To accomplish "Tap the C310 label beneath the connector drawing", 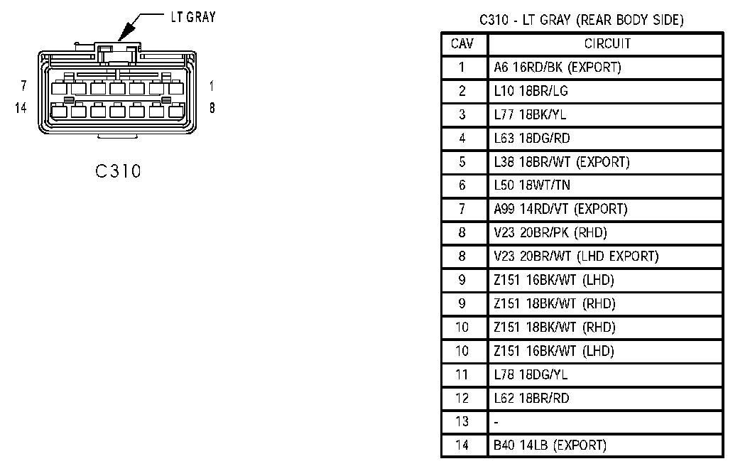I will tap(118, 172).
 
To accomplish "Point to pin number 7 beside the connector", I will tap(23, 86).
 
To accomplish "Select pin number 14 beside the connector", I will tap(20, 108).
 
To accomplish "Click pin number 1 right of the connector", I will tap(212, 86).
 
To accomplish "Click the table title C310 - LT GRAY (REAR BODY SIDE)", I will tap(582, 21).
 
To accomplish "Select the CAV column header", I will tap(462, 44).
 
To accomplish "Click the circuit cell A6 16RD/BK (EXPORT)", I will tap(558, 67).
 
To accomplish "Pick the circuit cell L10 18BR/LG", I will tap(531, 91).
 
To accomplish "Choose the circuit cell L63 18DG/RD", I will tap(532, 138).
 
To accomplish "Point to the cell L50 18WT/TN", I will tap(532, 185).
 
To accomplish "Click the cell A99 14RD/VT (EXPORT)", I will tap(561, 209).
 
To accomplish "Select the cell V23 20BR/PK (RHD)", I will tap(550, 232).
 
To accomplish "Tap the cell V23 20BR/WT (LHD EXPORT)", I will tap(576, 256).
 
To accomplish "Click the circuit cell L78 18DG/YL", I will tap(531, 374).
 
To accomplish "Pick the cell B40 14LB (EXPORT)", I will tap(550, 445).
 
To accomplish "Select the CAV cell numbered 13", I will tap(462, 422).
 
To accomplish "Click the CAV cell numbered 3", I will tap(462, 114).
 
